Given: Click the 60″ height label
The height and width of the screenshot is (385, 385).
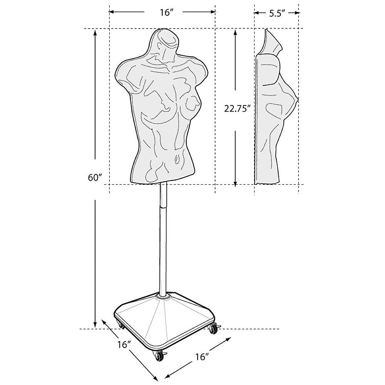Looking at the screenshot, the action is point(95,177).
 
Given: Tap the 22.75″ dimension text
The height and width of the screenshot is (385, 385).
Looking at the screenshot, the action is point(237,108).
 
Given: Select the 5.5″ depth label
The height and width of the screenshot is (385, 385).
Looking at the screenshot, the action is point(277,13).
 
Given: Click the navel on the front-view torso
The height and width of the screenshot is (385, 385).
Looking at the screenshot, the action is point(177,160).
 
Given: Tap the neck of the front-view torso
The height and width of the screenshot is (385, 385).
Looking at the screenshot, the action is point(162,53).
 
